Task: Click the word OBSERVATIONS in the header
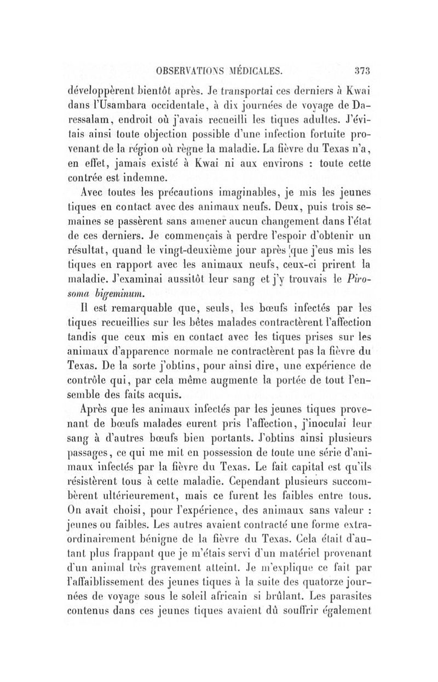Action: click(x=188, y=71)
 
